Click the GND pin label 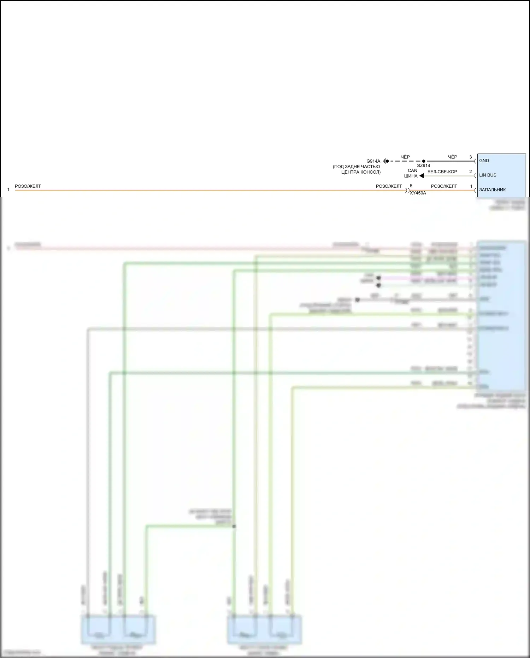pyautogui.click(x=484, y=161)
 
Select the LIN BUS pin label pyautogui.click(x=488, y=175)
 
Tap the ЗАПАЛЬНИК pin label pyautogui.click(x=492, y=190)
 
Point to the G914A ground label pyautogui.click(x=373, y=161)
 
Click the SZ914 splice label pyautogui.click(x=423, y=165)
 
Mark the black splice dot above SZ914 pyautogui.click(x=424, y=161)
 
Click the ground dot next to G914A pyautogui.click(x=387, y=161)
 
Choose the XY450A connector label pyautogui.click(x=418, y=193)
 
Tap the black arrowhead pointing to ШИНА pyautogui.click(x=422, y=176)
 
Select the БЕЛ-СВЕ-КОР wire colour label pyautogui.click(x=442, y=172)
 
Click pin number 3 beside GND pyautogui.click(x=470, y=157)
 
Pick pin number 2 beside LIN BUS pyautogui.click(x=470, y=171)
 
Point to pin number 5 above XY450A pyautogui.click(x=411, y=186)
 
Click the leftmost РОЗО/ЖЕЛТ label pyautogui.click(x=28, y=186)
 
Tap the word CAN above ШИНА pyautogui.click(x=412, y=170)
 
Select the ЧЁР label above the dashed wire pyautogui.click(x=405, y=157)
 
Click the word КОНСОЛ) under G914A pyautogui.click(x=370, y=172)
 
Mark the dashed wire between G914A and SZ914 pyautogui.click(x=405, y=161)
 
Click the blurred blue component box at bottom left pyautogui.click(x=118, y=629)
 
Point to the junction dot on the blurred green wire pyautogui.click(x=234, y=526)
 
